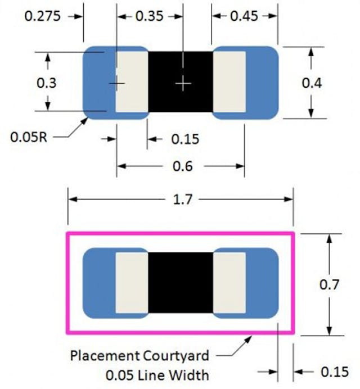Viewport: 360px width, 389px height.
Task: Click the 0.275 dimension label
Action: click(42, 16)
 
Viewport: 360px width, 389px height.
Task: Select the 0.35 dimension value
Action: click(150, 16)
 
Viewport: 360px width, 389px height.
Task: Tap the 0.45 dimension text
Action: click(244, 16)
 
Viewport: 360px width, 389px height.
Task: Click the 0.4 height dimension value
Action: click(312, 83)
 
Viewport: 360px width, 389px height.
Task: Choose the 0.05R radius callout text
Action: click(28, 137)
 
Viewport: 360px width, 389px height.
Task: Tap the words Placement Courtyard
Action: click(139, 355)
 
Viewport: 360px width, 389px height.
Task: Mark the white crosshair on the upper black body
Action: click(183, 83)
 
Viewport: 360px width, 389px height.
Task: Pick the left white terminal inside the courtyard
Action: click(132, 282)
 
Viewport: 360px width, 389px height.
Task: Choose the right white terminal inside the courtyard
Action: click(229, 282)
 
